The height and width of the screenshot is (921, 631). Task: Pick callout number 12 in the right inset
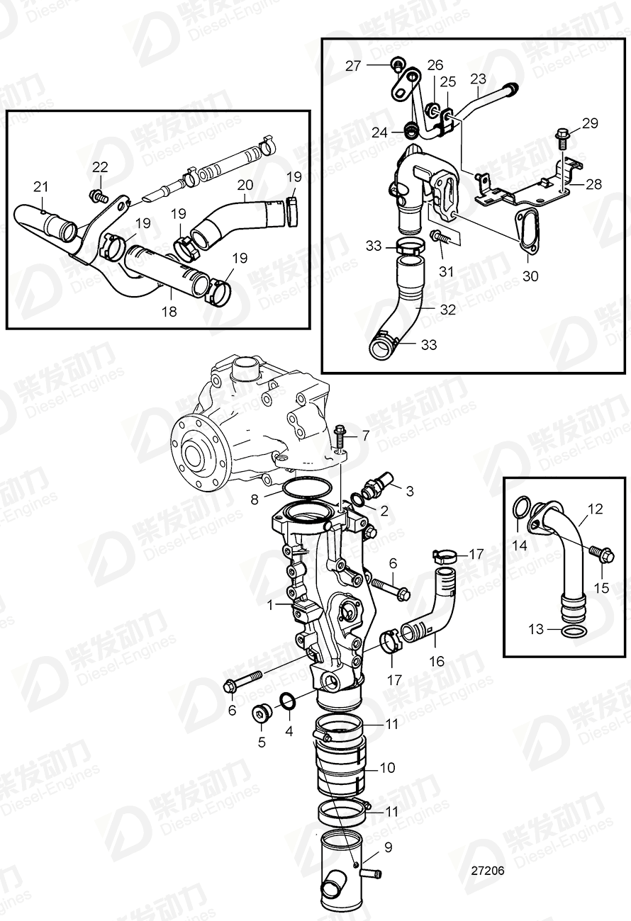coord(596,509)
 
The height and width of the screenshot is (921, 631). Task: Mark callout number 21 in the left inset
coord(40,186)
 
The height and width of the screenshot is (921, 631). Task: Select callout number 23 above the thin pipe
coord(479,78)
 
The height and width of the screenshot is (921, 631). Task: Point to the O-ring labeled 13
coord(574,630)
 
